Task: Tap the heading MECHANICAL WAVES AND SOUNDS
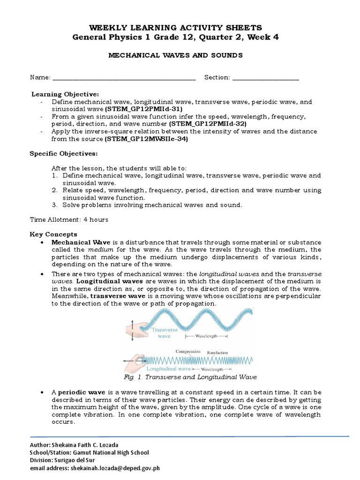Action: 176,55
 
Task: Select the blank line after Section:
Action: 265,78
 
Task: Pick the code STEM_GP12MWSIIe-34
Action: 148,139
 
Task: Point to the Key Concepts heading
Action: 53,234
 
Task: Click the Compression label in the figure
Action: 188,351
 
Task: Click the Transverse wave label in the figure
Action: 163,333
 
